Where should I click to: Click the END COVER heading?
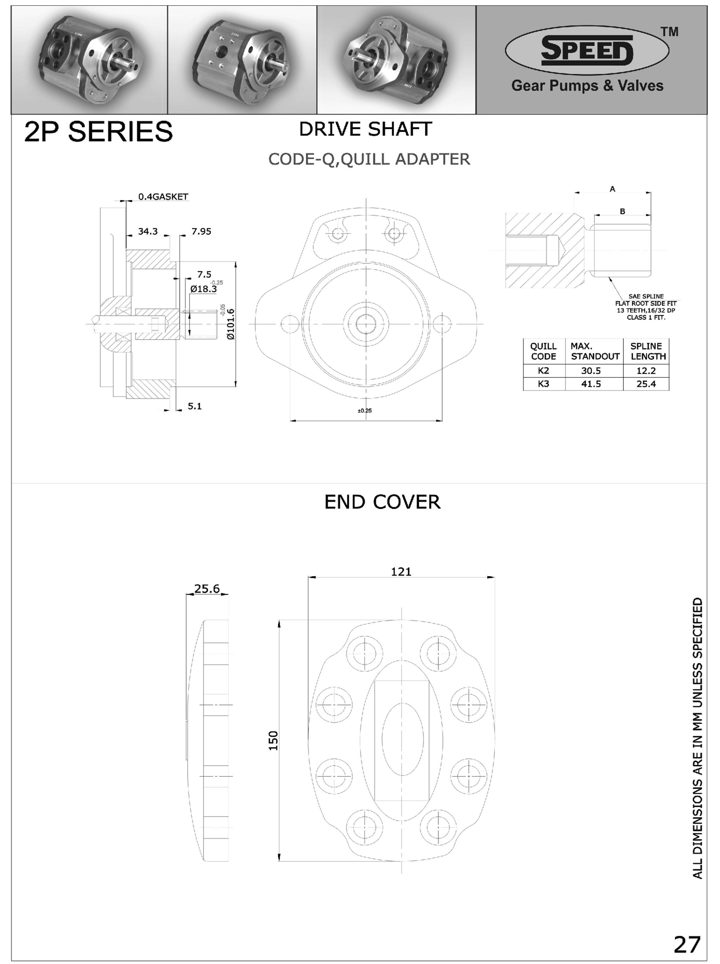point(383,502)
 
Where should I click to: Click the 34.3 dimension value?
point(148,231)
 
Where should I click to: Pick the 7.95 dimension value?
point(201,231)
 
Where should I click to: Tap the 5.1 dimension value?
point(195,406)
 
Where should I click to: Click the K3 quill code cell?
point(544,384)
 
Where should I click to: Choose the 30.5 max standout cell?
point(591,371)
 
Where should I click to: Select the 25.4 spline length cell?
point(646,384)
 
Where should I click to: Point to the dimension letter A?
point(612,189)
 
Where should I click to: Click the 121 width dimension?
point(401,572)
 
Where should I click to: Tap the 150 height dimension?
point(273,740)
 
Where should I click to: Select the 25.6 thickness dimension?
point(207,589)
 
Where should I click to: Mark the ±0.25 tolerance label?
point(365,410)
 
